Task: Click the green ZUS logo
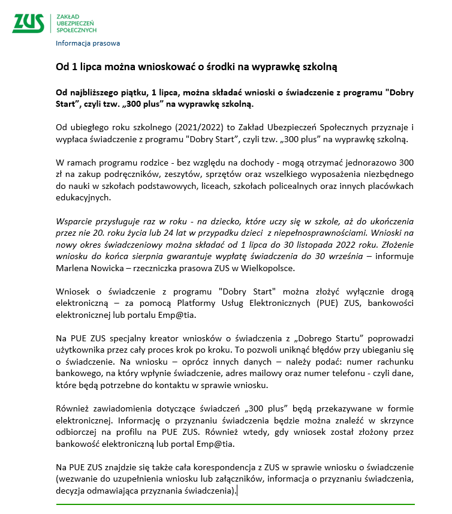pyautogui.click(x=28, y=22)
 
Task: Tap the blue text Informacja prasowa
pyautogui.click(x=88, y=43)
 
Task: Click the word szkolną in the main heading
pyautogui.click(x=321, y=67)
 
